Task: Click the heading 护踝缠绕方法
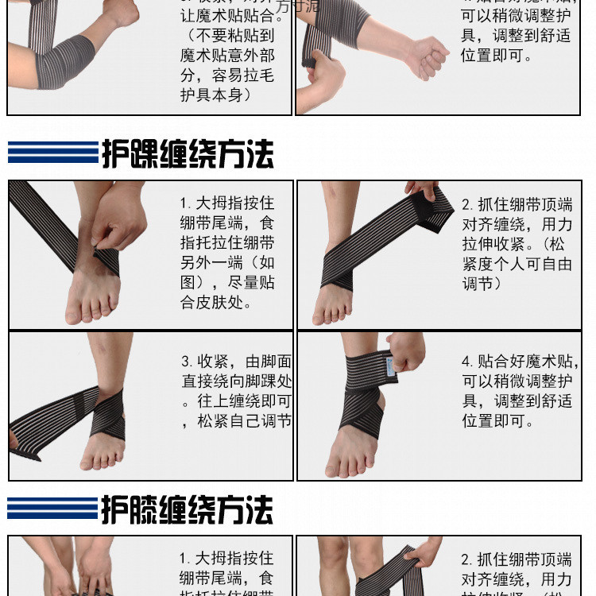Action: point(188,153)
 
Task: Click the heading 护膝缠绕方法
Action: point(188,510)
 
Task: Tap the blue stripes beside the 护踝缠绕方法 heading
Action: point(52,152)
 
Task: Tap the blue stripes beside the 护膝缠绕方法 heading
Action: point(52,509)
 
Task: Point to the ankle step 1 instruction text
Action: point(228,253)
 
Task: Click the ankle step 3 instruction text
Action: point(236,392)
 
